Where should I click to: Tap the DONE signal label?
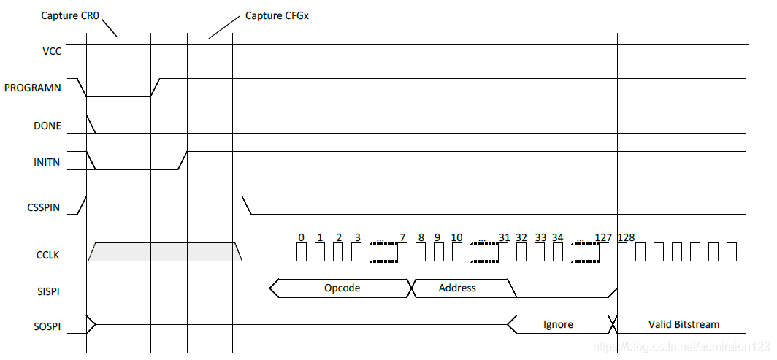(47, 126)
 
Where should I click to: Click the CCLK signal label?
(49, 256)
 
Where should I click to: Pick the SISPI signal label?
(49, 290)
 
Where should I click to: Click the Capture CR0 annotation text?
(70, 14)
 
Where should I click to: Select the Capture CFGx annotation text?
(277, 15)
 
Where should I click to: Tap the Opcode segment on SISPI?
(342, 288)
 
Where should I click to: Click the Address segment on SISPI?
(457, 288)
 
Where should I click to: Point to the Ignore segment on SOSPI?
(558, 323)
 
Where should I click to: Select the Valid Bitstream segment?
(684, 323)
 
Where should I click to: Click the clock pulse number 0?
(301, 237)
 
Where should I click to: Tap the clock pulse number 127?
(602, 237)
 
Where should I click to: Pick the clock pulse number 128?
(627, 237)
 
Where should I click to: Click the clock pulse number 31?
(505, 237)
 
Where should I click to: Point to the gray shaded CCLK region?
(164, 251)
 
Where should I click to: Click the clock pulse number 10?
(456, 237)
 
